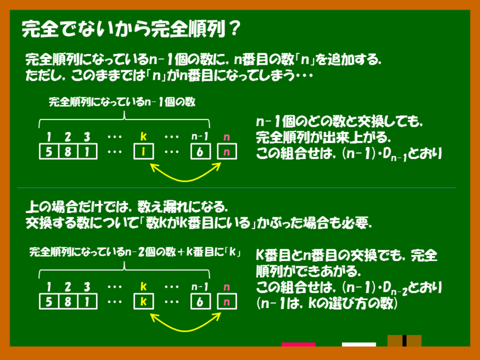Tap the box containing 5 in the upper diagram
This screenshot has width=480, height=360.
click(47, 152)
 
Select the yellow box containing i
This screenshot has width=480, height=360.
click(143, 152)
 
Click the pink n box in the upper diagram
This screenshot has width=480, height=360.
click(226, 152)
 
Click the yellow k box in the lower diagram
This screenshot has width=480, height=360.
click(143, 302)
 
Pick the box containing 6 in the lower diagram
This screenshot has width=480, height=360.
click(199, 302)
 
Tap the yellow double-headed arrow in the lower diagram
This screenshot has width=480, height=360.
click(184, 325)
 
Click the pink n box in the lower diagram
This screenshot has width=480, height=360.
click(226, 302)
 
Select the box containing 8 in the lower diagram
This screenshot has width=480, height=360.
click(68, 302)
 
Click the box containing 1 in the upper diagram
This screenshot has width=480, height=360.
click(88, 152)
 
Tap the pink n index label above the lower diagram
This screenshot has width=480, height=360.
click(226, 287)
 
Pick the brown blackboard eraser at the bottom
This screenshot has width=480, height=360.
click(404, 340)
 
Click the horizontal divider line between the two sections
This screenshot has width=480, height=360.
click(240, 188)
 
